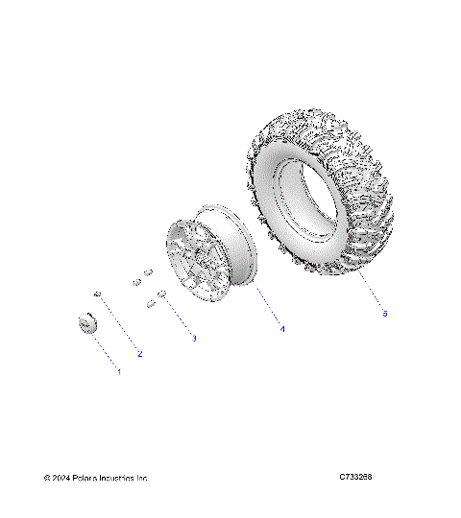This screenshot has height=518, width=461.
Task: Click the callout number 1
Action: tap(119, 371)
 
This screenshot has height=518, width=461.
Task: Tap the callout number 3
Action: tap(194, 338)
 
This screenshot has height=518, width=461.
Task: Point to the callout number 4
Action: tap(282, 329)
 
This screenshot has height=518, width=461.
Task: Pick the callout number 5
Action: tap(385, 313)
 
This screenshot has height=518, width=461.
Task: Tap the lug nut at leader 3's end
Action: tap(163, 293)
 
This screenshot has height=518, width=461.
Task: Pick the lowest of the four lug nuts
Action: tap(151, 304)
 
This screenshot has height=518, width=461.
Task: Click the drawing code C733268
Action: tap(355, 477)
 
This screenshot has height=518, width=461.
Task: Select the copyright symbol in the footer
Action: tap(47, 478)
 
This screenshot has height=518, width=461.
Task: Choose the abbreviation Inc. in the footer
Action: tap(145, 478)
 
